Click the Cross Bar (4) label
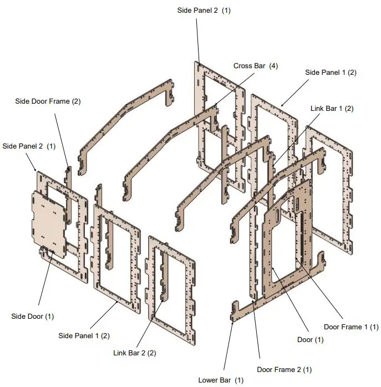[x=255, y=66]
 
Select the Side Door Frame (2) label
[x=48, y=101]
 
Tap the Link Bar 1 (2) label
[x=332, y=109]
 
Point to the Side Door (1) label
[x=33, y=317]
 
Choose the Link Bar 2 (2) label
[x=135, y=353]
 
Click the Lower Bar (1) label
[x=221, y=380]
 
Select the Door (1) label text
[x=311, y=340]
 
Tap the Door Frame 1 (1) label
[x=352, y=327]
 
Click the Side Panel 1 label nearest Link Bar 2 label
[x=84, y=336]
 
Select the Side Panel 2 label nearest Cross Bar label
[x=204, y=11]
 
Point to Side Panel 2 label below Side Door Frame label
[x=29, y=146]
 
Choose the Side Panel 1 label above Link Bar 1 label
[x=331, y=73]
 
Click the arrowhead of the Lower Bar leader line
[x=233, y=323]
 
